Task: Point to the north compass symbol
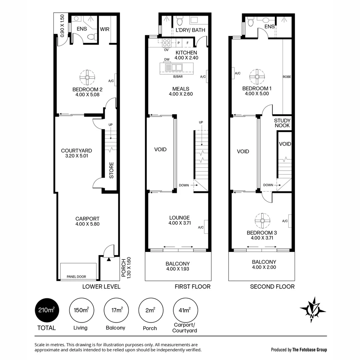coord(313,309)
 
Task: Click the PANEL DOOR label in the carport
coord(76,277)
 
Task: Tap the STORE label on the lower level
coord(112,170)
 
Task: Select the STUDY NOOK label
coord(282,123)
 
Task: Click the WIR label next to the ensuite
coord(105,29)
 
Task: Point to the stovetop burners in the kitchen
coord(166,43)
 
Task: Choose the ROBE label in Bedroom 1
coord(287,77)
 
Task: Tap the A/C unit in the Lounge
coord(206,225)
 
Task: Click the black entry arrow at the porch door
coord(109,259)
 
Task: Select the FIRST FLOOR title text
coord(192,286)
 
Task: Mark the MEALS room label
coord(181,89)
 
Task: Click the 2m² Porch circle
coord(150,310)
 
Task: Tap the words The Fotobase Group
coord(309,350)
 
